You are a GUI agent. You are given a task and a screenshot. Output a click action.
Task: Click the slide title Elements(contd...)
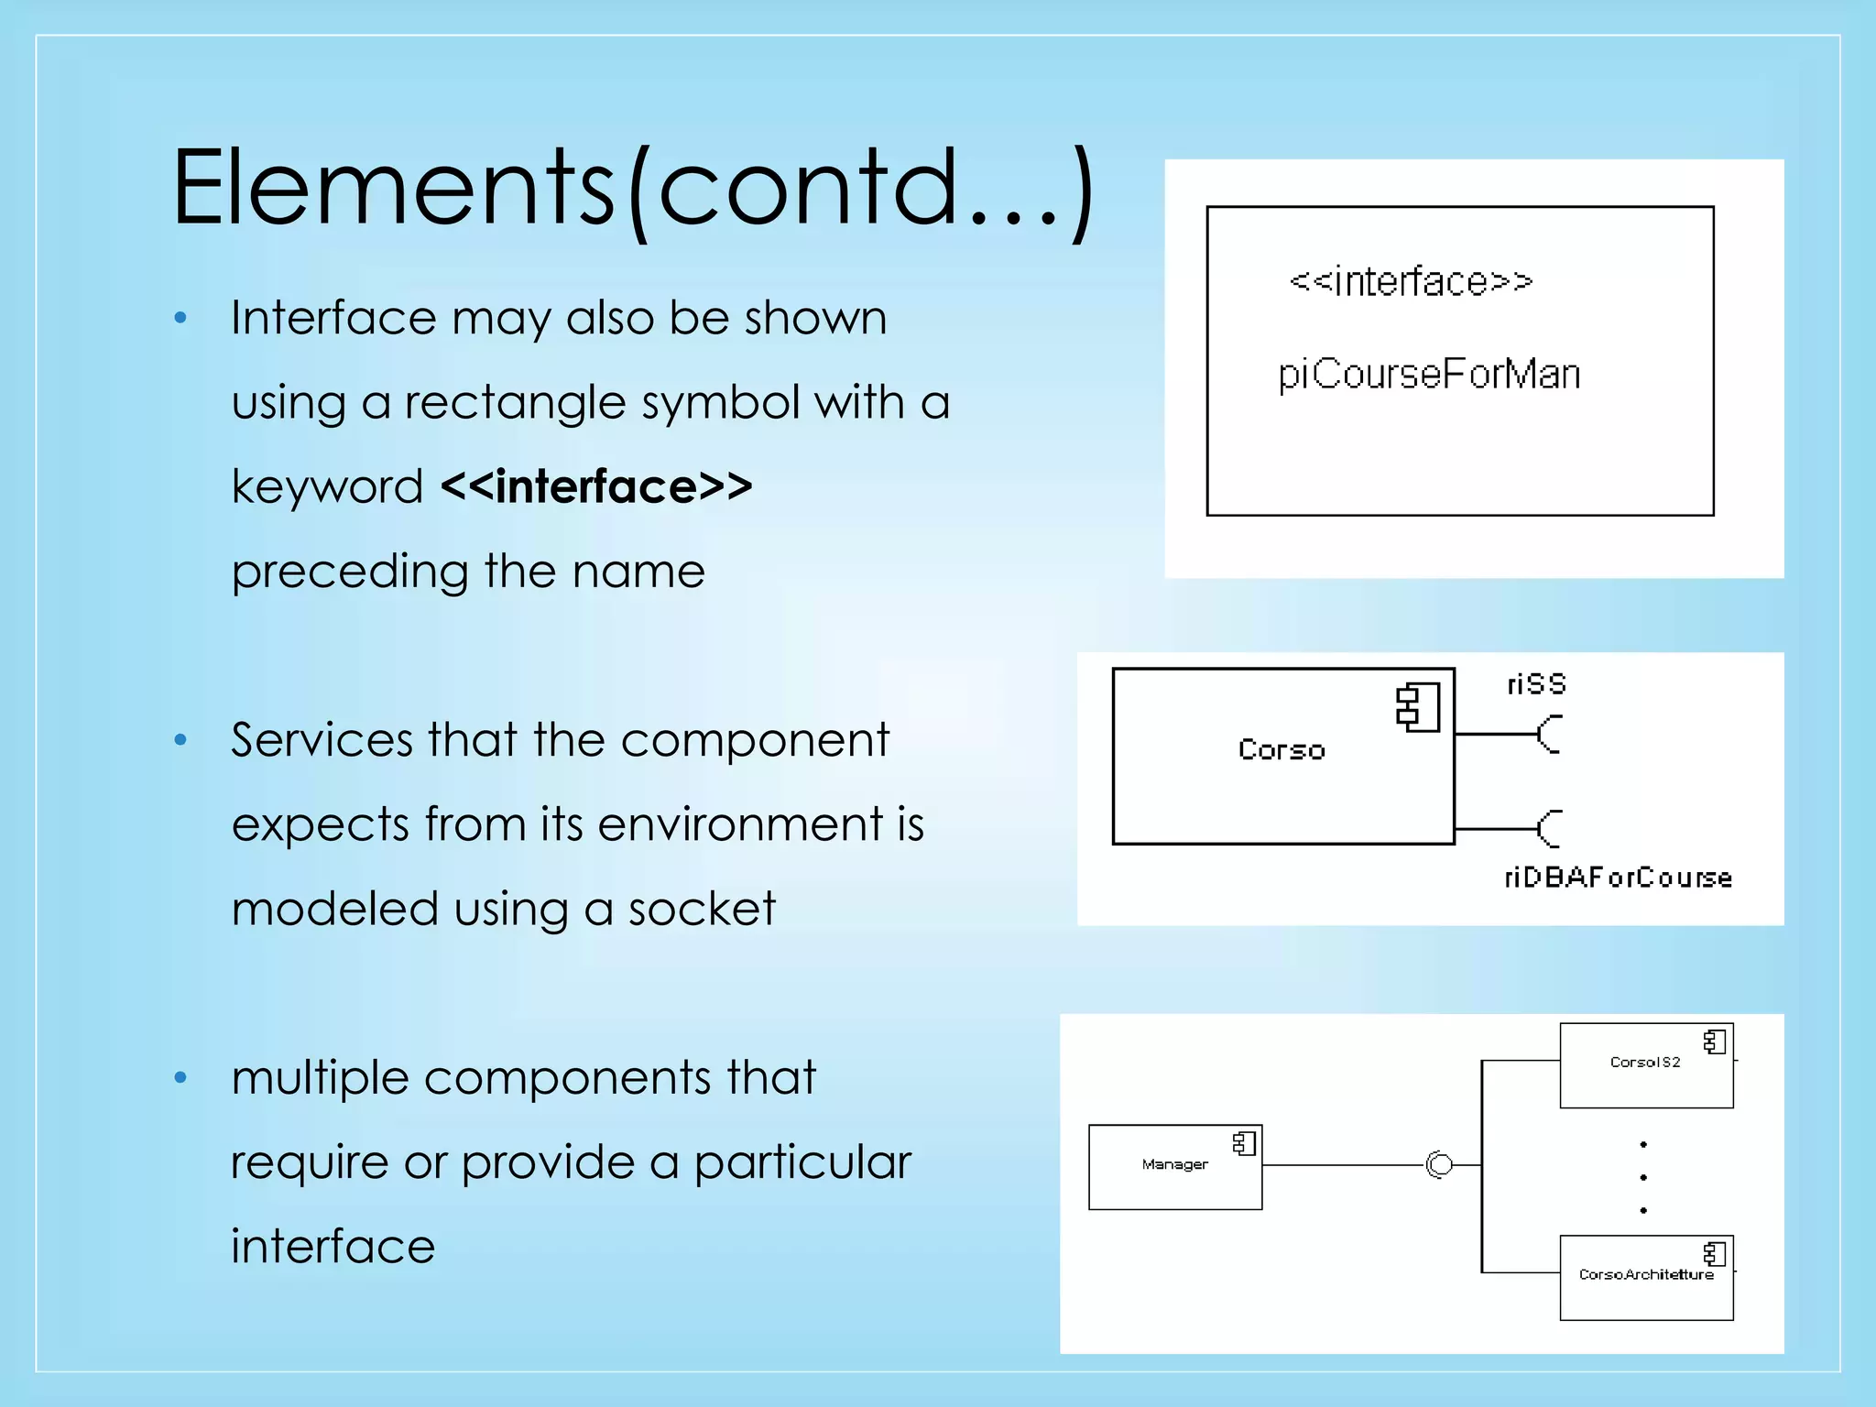[632, 189]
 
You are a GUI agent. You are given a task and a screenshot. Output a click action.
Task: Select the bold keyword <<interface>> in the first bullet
[596, 486]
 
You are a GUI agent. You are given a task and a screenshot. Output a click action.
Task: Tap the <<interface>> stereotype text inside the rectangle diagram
[1411, 281]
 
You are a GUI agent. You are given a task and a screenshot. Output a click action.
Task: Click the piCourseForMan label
[1429, 374]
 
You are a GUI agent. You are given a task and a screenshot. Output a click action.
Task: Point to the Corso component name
[1282, 749]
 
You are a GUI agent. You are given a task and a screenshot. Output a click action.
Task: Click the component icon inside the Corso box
[1417, 708]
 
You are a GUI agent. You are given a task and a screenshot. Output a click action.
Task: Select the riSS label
[1536, 684]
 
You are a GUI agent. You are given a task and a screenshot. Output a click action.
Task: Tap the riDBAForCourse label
[1618, 878]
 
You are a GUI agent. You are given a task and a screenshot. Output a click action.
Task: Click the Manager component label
[1174, 1164]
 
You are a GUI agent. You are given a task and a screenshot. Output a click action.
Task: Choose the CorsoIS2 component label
[1645, 1063]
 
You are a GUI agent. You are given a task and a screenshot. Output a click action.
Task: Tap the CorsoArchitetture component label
[1646, 1274]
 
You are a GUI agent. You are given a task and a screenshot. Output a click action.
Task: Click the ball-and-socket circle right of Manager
[1440, 1164]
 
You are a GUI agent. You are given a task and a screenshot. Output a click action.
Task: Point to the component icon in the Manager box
[1244, 1143]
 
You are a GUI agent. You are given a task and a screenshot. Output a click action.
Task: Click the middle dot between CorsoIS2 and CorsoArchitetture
[1643, 1177]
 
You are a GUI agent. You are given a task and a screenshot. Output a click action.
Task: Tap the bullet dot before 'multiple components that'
[180, 1078]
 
